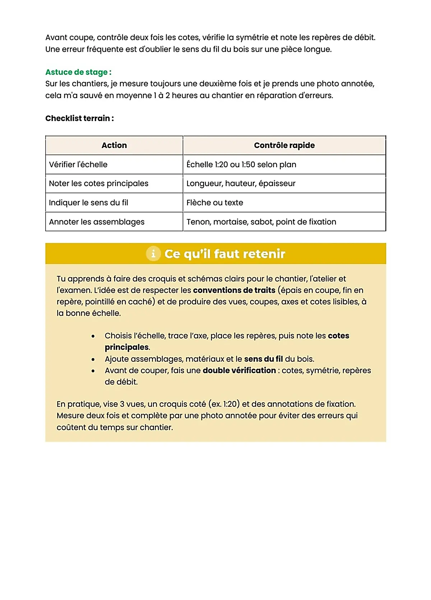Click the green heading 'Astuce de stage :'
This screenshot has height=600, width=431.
[78, 72]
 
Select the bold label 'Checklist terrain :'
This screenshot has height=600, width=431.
[79, 118]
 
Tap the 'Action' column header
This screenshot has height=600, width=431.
[114, 145]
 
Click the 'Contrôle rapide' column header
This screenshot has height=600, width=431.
[284, 145]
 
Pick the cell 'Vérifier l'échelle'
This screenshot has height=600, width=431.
[78, 165]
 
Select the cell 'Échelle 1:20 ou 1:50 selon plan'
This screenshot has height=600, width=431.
[241, 165]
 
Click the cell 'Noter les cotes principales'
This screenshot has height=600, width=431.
[99, 184]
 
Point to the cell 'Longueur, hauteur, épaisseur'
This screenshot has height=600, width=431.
[241, 184]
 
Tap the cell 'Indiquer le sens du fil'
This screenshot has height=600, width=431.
[89, 203]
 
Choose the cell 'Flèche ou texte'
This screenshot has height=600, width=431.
[215, 203]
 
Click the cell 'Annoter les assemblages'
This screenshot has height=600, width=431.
[97, 222]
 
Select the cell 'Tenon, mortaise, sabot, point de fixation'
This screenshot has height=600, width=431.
[261, 222]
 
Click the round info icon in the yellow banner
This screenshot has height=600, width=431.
[153, 254]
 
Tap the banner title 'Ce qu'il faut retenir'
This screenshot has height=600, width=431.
[225, 254]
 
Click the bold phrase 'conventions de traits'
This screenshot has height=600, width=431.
[234, 290]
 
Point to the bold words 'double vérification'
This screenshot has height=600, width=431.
[239, 370]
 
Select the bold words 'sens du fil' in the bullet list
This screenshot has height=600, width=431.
[263, 359]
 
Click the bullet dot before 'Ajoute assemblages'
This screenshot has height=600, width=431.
[93, 359]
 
